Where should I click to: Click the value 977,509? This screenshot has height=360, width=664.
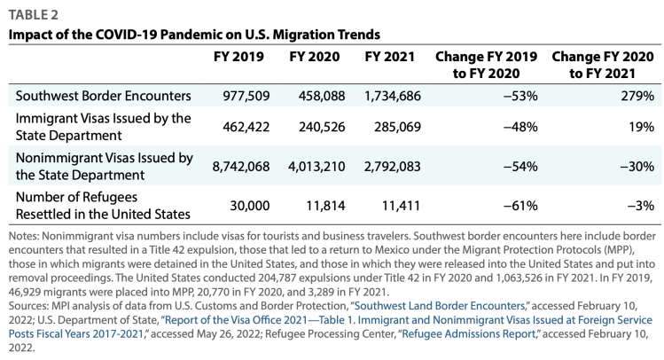(x=240, y=95)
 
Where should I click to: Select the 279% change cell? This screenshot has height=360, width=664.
(x=638, y=95)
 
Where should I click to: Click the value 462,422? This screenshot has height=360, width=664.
(x=240, y=127)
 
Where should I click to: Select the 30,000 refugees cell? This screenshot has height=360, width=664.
(x=246, y=206)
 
